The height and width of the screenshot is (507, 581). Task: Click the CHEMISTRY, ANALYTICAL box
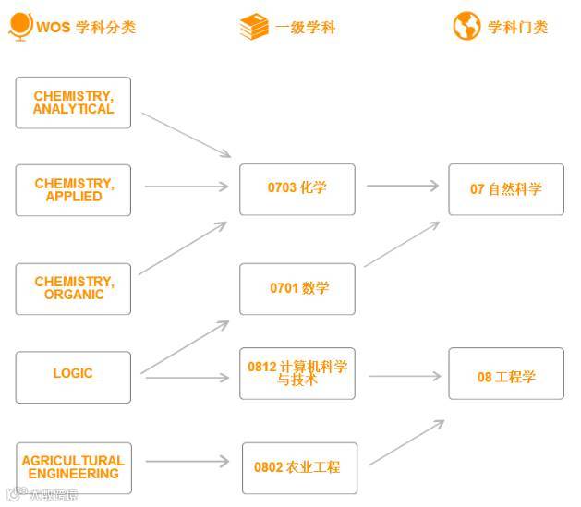[x=74, y=103]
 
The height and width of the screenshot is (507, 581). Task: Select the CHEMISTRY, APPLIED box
[x=74, y=190]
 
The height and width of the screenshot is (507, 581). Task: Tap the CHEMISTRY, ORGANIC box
[x=74, y=288]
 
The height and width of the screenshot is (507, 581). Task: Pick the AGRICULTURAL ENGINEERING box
[x=74, y=467]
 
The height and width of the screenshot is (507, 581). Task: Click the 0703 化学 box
[x=297, y=188]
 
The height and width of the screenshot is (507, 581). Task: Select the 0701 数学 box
[x=297, y=288]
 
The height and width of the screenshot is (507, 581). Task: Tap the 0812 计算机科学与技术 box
[x=297, y=373]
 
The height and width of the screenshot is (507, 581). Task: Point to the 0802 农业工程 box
[x=297, y=467]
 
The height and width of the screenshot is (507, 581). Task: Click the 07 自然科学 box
[x=506, y=189]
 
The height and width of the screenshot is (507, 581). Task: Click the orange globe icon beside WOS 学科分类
[x=20, y=26]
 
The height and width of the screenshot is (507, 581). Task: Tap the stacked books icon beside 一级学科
[x=253, y=27]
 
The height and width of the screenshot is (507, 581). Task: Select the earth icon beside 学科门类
[x=466, y=26]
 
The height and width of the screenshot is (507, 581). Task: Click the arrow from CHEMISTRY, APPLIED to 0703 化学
[x=186, y=187]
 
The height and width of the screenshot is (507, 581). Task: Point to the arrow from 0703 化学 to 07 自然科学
[x=402, y=186]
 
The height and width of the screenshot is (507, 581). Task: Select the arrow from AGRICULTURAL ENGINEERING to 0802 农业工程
[x=186, y=461]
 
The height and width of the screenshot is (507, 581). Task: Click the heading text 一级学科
[x=306, y=28]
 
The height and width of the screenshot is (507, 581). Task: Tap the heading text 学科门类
[x=518, y=27]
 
